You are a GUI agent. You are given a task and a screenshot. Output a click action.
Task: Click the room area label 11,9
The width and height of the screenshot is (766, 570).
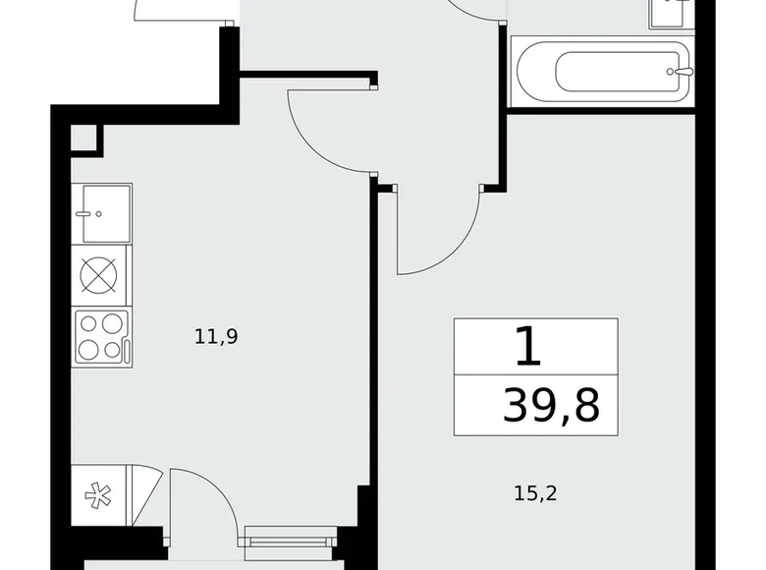pyautogui.click(x=217, y=337)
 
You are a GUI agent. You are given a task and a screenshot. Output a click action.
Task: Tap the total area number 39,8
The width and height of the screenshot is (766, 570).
pyautogui.click(x=550, y=404)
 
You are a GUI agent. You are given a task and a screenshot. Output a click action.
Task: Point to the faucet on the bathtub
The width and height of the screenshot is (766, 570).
pyautogui.click(x=682, y=71)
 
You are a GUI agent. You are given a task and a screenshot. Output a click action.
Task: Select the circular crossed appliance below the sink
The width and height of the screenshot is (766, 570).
pyautogui.click(x=101, y=276)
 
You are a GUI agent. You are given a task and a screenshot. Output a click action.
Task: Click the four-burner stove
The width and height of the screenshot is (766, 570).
pyautogui.click(x=101, y=336)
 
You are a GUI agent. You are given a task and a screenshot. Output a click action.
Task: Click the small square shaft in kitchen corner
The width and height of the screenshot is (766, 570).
pyautogui.click(x=85, y=139)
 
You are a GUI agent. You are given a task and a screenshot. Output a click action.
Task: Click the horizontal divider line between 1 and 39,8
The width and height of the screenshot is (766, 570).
pyautogui.click(x=535, y=374)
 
